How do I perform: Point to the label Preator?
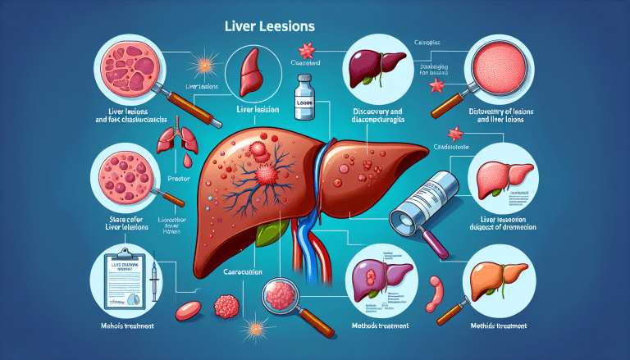click(x=178, y=178)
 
